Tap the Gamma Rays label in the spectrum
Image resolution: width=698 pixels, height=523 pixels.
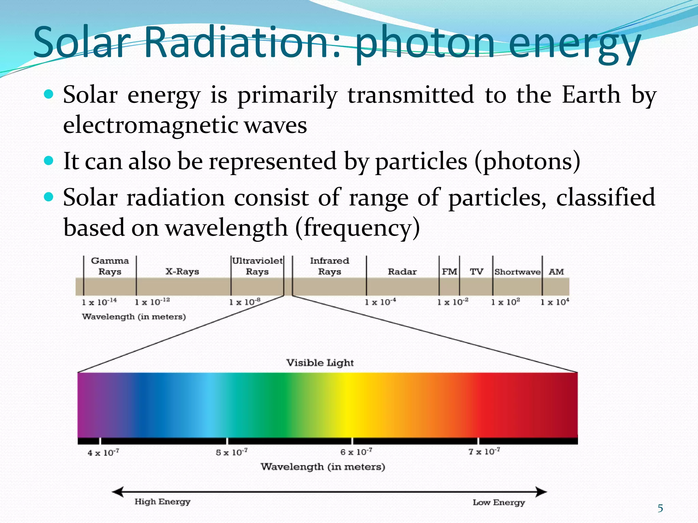110,266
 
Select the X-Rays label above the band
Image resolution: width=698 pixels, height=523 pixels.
182,272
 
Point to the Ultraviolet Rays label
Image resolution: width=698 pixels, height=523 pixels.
257,266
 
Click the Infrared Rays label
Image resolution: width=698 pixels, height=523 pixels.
330,266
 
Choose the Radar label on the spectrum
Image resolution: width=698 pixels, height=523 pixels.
402,272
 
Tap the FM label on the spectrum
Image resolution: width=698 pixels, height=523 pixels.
449,272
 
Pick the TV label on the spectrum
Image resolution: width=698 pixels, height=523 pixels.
476,272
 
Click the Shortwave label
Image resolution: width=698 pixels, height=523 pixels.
517,272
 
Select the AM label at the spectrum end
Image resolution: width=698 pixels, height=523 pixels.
556,272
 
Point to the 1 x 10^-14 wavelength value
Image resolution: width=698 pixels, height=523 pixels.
99,302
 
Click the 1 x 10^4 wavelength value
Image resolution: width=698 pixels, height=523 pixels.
555,302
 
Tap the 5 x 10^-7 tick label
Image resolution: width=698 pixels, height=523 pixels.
232,453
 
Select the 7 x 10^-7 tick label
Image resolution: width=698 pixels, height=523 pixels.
484,452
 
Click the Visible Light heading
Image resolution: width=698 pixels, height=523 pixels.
320,363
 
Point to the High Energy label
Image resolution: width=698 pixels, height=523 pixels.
162,502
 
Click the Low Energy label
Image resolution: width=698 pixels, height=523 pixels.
499,503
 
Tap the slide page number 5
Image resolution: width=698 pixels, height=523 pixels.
660,509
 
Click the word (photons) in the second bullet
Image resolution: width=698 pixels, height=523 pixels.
527,161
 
